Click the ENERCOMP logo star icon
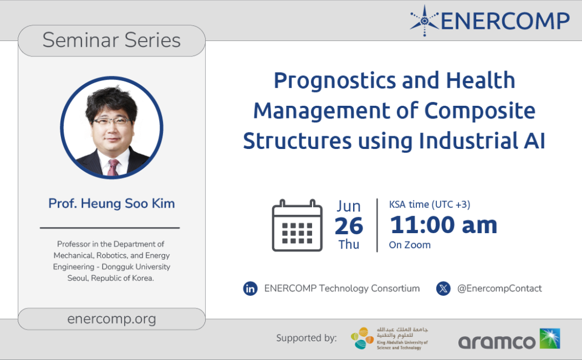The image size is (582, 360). [425, 20]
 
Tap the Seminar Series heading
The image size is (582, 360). [111, 40]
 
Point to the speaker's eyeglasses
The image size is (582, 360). [111, 121]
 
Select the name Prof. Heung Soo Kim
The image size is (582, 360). [111, 203]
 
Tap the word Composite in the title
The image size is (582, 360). [479, 111]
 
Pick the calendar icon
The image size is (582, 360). [297, 225]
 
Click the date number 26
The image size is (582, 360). [349, 226]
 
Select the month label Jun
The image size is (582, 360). [349, 206]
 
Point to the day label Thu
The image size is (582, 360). [349, 245]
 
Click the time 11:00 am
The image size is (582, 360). [443, 225]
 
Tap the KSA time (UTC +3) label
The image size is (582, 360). [430, 204]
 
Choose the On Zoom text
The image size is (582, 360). [410, 245]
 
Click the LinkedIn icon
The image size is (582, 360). [250, 289]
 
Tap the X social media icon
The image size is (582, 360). [443, 289]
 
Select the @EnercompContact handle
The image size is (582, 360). [499, 289]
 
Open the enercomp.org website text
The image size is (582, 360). [111, 319]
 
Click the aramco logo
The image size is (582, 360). [509, 339]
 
